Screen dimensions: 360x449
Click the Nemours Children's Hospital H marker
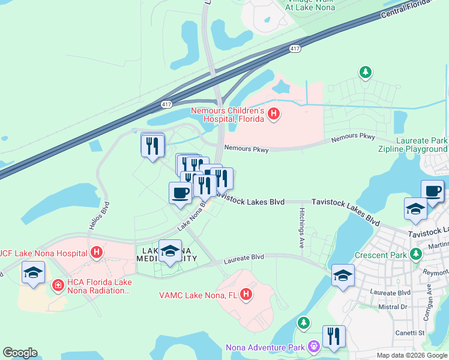274,113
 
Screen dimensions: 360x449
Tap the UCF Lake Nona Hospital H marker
96,253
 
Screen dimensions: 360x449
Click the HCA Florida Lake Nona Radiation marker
58,285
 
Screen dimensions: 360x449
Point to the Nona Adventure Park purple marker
313,346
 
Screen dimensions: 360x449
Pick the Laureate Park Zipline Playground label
414,145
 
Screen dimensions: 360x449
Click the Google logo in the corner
20,353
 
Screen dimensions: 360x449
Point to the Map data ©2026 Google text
411,355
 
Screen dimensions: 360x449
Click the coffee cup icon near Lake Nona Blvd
179,193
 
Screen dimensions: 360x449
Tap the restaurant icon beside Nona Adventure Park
333,337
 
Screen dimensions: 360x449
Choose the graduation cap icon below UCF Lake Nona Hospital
33,273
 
